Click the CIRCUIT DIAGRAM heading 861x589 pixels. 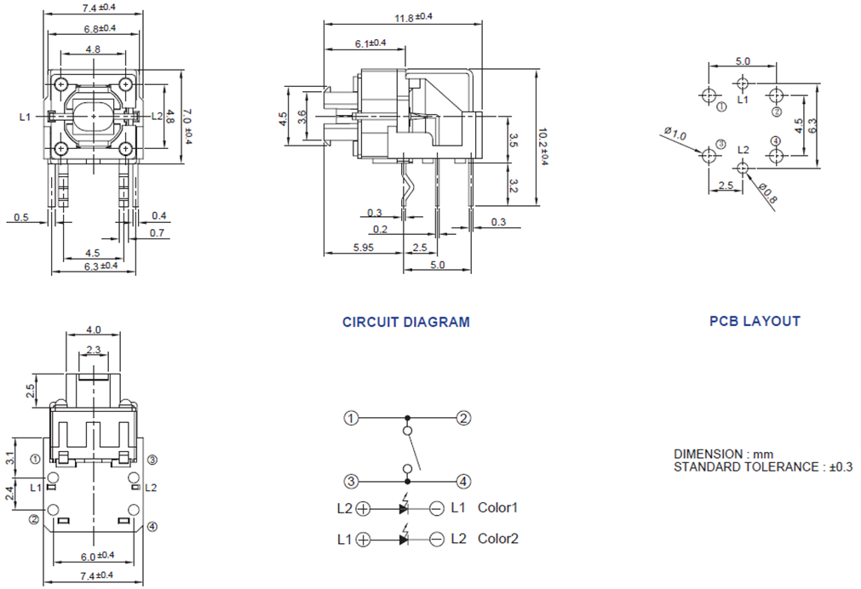coord(405,323)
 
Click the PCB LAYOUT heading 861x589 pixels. coord(755,322)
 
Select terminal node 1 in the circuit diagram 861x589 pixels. coord(351,418)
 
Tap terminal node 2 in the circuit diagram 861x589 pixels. coord(463,418)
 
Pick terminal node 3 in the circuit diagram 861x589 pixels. coord(351,481)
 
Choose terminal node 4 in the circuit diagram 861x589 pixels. coord(463,481)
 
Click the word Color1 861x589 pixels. coord(498,508)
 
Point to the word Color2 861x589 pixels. coord(498,539)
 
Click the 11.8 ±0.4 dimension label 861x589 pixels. coord(413,18)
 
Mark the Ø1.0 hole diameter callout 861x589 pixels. coord(674,134)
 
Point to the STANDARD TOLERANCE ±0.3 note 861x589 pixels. coord(763,467)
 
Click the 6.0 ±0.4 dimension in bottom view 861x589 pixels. coord(96,556)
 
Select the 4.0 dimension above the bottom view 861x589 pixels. coord(94,329)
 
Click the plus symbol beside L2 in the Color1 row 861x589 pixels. coord(363,509)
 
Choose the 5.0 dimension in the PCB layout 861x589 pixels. coord(742,61)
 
